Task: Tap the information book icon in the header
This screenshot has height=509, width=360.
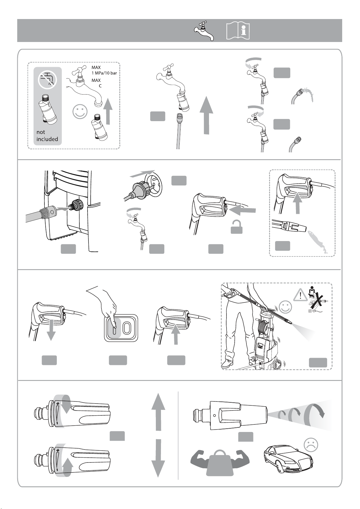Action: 238,31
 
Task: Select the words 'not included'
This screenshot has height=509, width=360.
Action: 47,135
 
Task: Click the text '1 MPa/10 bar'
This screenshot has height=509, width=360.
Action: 104,73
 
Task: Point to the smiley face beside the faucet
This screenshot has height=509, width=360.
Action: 80,111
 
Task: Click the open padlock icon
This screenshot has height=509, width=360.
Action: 236,227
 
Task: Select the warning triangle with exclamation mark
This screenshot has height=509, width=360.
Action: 300,295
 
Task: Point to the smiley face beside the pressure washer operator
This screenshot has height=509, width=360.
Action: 285,307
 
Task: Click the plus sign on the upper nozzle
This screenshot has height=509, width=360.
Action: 58,404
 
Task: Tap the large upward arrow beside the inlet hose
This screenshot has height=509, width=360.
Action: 207,115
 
